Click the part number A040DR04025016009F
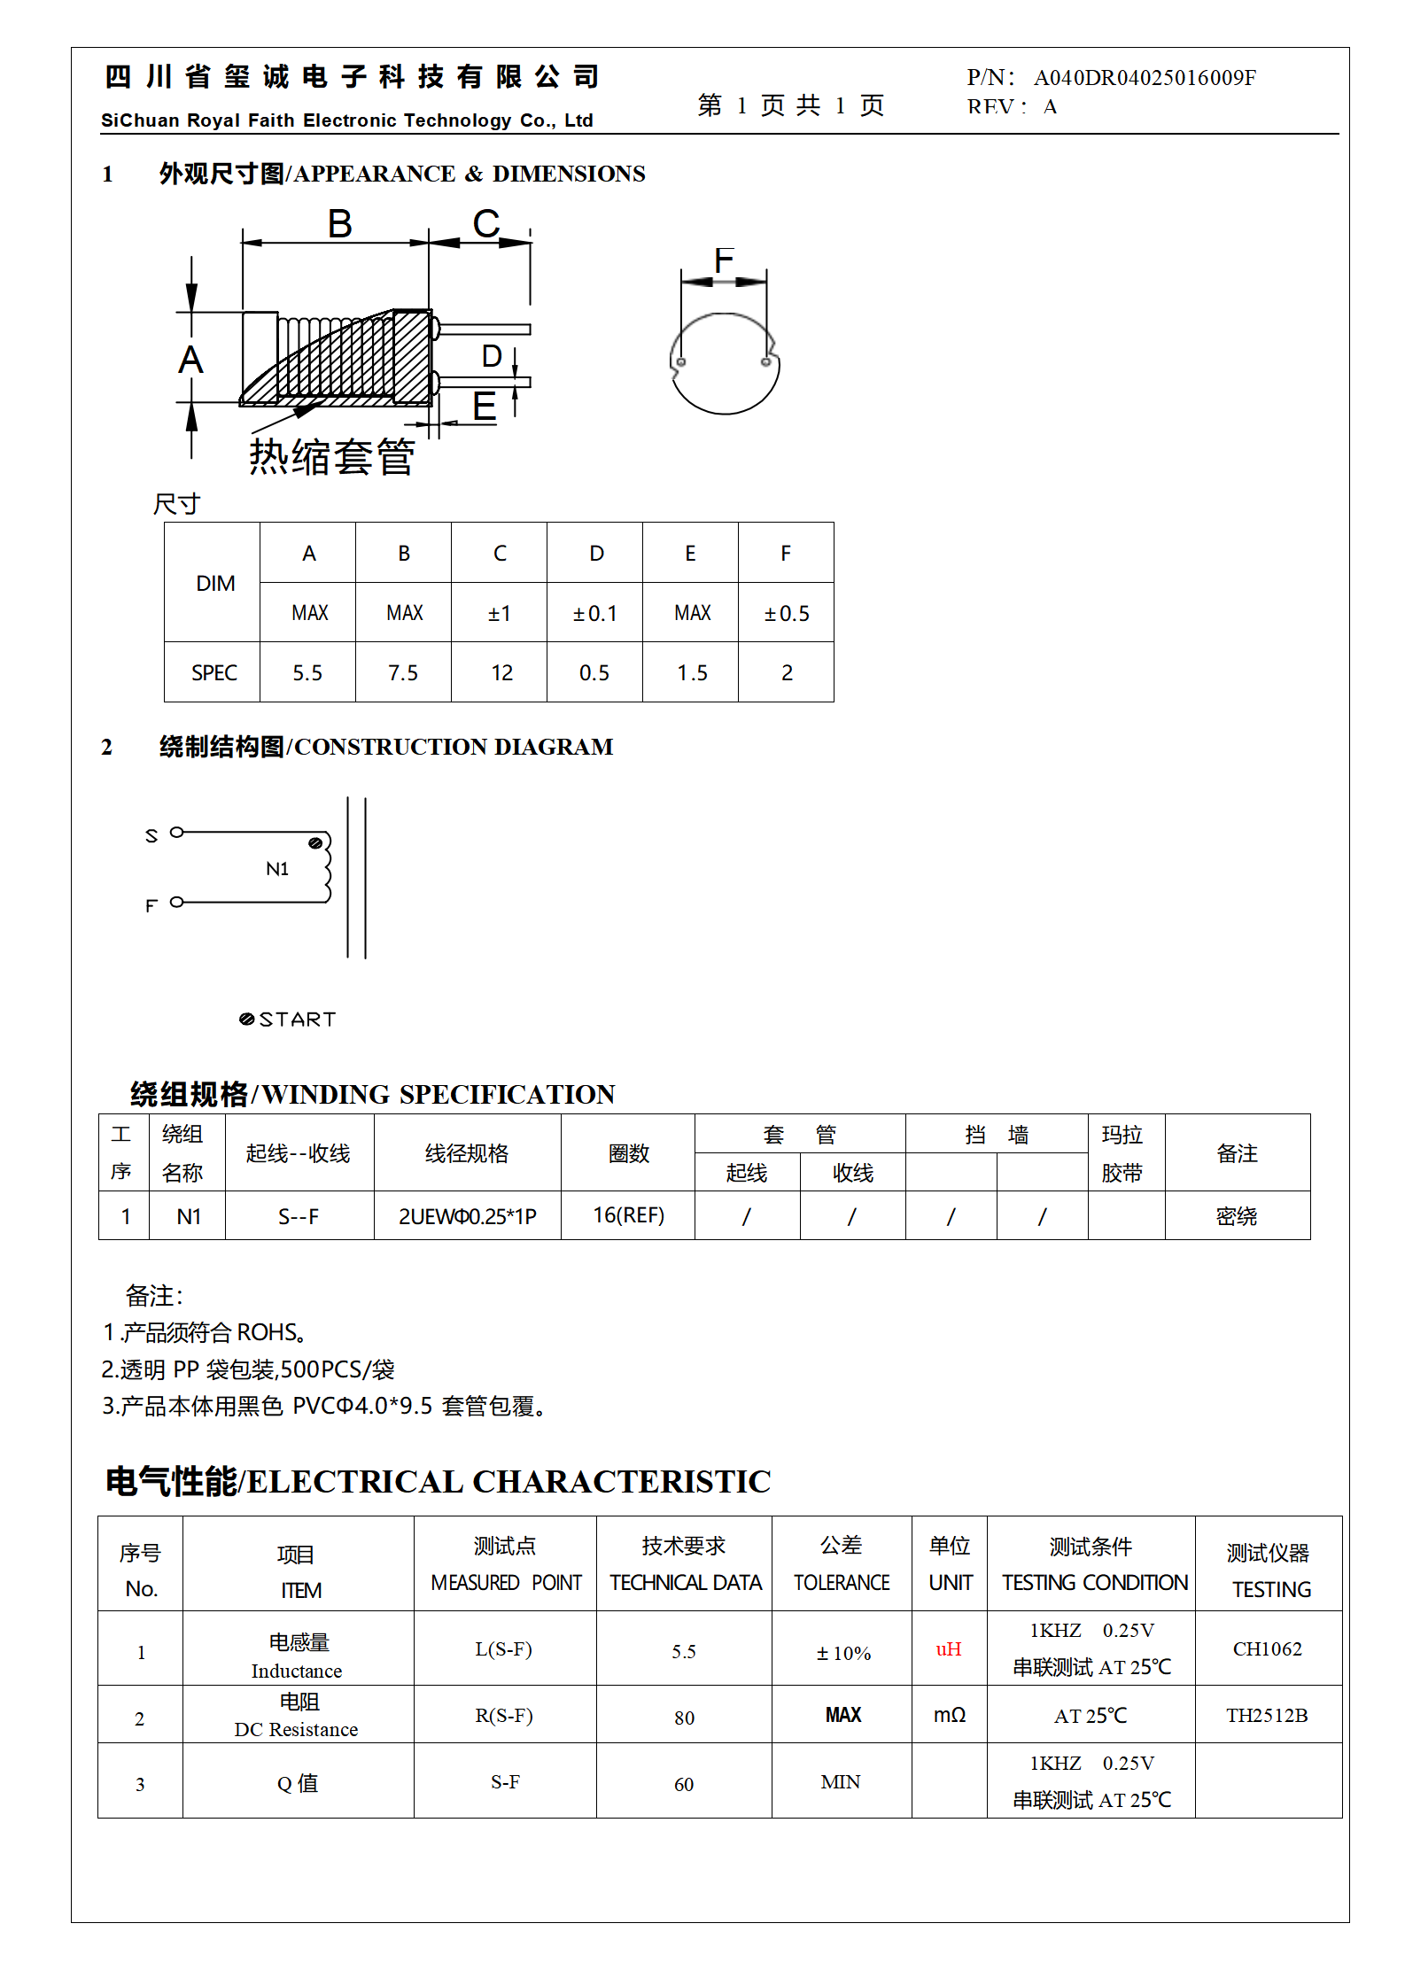tap(1145, 78)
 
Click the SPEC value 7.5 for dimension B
tap(403, 673)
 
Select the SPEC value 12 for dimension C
tap(501, 673)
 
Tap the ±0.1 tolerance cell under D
tap(594, 613)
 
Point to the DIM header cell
tap(215, 583)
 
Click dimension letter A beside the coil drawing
tap(190, 361)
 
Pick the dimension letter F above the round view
tap(724, 260)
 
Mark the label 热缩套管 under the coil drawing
tap(331, 457)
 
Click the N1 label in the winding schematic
tap(277, 869)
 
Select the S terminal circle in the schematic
tap(177, 833)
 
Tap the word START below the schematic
tap(298, 1020)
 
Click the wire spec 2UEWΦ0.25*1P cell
tap(467, 1216)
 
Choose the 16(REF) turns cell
tap(628, 1215)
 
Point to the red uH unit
tap(949, 1649)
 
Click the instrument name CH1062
tap(1267, 1649)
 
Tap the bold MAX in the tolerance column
tap(842, 1716)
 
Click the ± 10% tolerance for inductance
tap(843, 1654)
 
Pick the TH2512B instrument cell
tap(1267, 1716)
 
